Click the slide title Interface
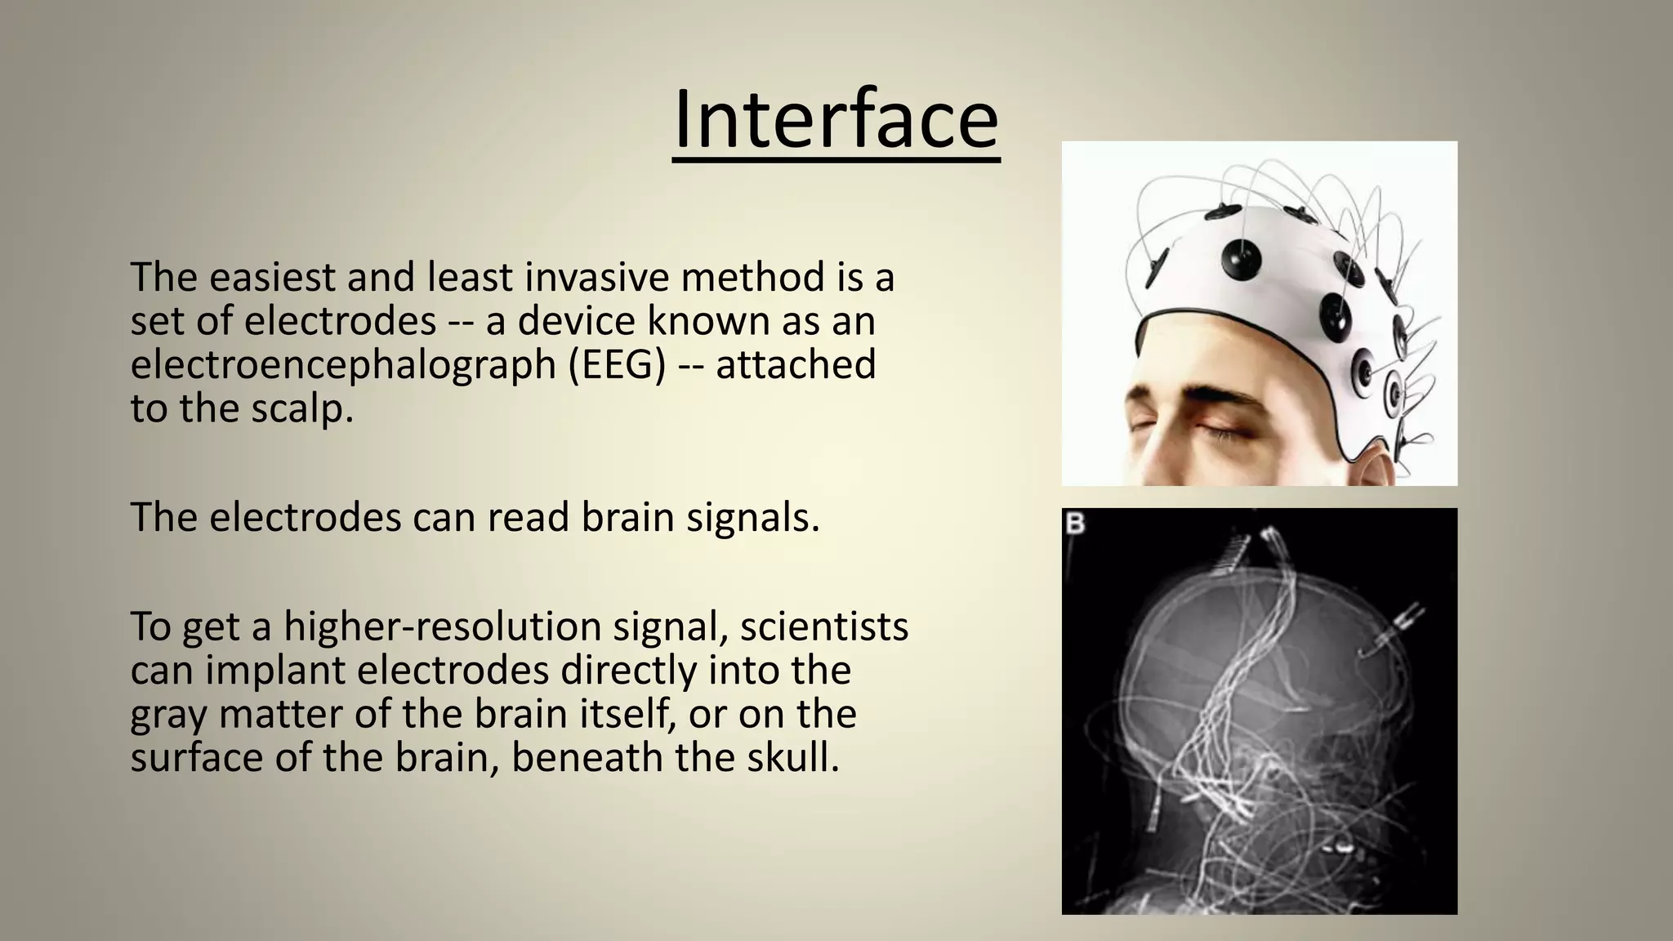click(x=836, y=121)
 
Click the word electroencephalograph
click(x=343, y=364)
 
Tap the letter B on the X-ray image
click(x=1076, y=524)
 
